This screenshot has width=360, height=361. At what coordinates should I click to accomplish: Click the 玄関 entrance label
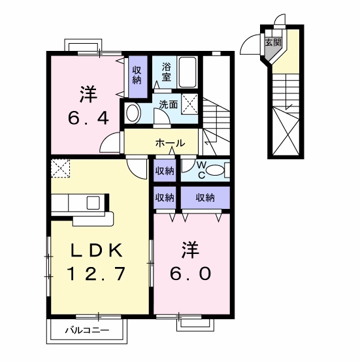coord(273,44)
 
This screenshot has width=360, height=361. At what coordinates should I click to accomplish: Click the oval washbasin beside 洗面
coord(133,113)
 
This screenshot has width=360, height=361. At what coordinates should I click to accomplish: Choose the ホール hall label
coord(171,143)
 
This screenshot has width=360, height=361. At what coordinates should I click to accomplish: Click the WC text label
coord(201,170)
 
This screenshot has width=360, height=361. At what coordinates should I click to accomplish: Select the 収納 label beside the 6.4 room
coord(137,74)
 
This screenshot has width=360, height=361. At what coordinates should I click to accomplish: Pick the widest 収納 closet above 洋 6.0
coord(205,197)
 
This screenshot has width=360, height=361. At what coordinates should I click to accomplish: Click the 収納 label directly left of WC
coord(164,171)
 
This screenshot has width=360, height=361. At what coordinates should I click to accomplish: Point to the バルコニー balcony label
coord(87,331)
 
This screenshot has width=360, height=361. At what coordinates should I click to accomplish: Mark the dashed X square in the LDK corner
coord(60,168)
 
